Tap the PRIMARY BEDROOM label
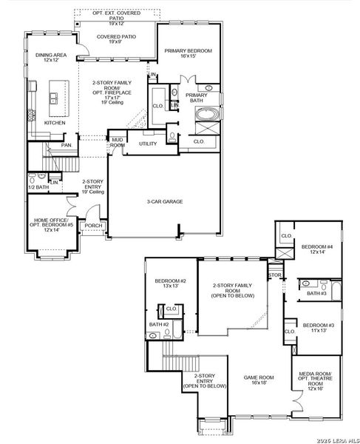pos(188,53)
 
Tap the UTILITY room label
pos(148,144)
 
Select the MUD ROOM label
pos(118,142)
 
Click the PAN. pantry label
pos(67,145)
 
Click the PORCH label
pos(94,226)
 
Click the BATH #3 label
pos(317,294)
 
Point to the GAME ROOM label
pos(259,380)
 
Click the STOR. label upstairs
pos(275,275)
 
